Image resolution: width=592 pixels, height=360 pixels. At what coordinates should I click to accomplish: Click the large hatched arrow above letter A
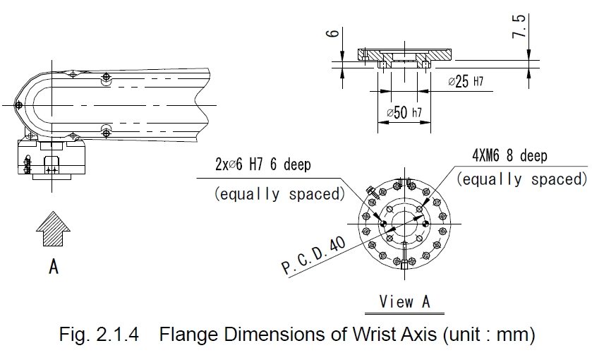coord(53,229)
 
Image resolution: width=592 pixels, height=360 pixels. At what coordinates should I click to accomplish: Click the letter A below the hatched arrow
coord(54,266)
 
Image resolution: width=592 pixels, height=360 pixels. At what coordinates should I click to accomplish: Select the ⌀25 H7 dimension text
coord(466,81)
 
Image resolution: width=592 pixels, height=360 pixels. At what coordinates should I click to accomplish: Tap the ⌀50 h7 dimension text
coord(404,112)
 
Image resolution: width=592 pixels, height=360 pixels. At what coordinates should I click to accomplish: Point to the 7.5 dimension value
coord(519,26)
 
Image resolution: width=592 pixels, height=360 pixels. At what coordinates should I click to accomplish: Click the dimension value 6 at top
coord(332,33)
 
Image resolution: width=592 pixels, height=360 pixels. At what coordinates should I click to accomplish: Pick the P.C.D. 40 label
coord(313,256)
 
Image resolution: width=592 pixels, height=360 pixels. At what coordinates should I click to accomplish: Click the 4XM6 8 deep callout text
coord(509,155)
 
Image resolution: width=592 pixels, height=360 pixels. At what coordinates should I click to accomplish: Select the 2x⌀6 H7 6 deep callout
coord(263,164)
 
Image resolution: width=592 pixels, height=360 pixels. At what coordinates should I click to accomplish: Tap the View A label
coord(404,302)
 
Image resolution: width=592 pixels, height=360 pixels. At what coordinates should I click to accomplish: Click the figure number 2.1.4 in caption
coord(118,335)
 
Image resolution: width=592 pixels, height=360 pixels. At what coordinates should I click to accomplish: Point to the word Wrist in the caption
coord(373,335)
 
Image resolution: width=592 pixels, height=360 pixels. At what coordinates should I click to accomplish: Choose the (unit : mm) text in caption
coord(489,335)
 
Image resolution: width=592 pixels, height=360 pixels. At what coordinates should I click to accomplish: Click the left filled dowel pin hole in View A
coord(384,224)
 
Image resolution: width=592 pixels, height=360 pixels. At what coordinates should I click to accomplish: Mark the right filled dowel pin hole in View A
coord(425,224)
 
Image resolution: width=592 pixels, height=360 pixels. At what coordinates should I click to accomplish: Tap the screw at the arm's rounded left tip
coord(18,105)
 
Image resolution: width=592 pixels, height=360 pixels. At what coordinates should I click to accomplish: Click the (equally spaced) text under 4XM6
coord(521,179)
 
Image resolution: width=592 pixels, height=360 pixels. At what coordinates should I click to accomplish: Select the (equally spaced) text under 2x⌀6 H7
coord(279,194)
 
